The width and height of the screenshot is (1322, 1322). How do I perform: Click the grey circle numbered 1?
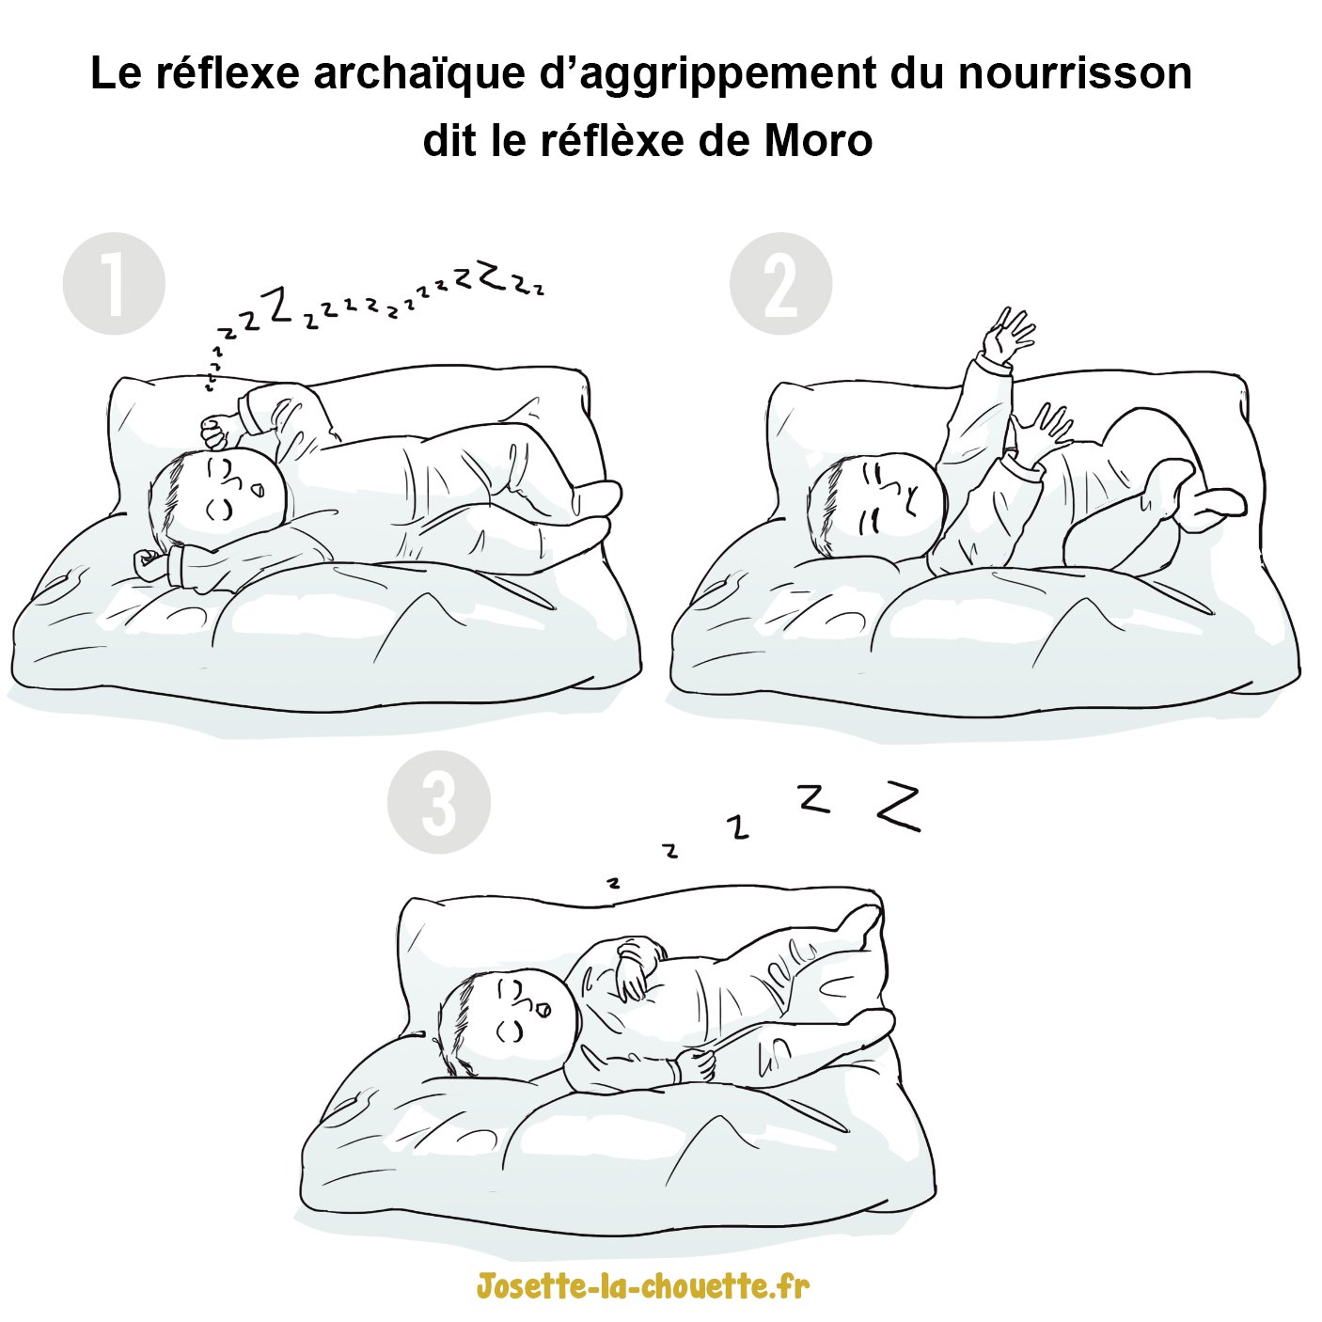click(x=114, y=283)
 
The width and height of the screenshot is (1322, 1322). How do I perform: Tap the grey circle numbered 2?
click(x=780, y=283)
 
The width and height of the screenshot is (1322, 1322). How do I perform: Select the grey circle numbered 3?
click(x=439, y=802)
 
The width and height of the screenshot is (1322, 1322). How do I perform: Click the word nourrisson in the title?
click(x=1075, y=74)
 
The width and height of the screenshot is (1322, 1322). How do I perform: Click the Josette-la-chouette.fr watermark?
click(x=642, y=1285)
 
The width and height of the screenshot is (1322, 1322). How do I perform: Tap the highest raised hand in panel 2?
click(x=1009, y=334)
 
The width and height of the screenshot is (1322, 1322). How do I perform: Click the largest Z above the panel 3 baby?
click(x=899, y=807)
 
